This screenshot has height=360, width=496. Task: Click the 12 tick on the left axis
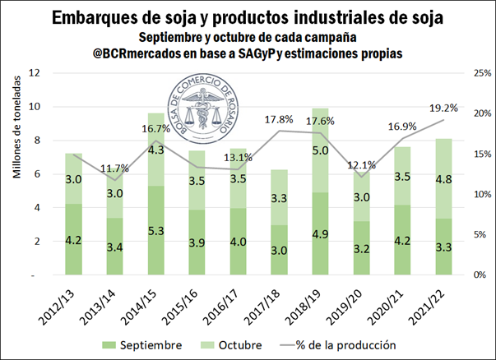35,73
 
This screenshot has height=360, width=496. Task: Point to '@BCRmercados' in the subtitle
142,53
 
